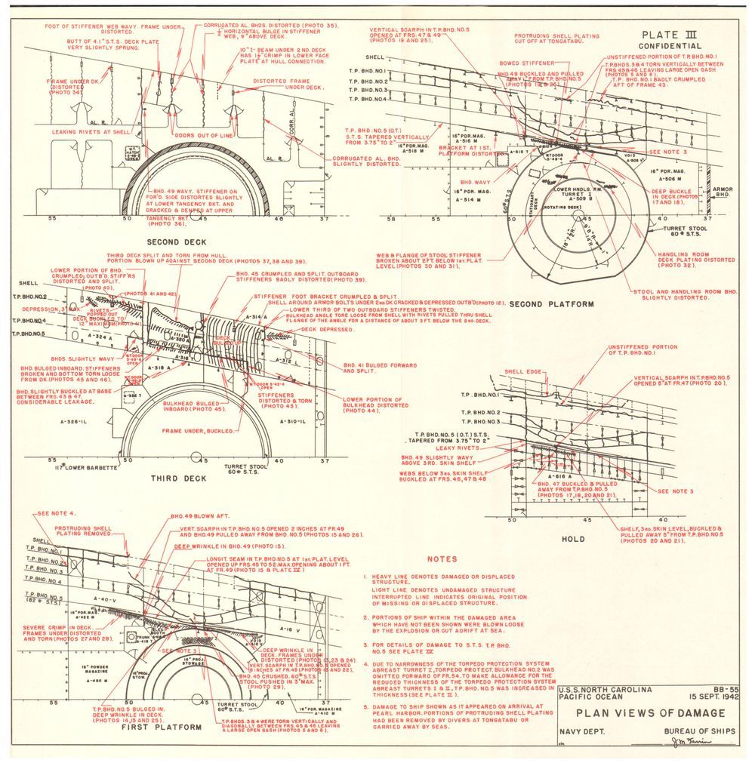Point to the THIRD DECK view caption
[178, 478]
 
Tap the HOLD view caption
[574, 540]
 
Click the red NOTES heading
[442, 559]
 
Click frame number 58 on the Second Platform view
[391, 219]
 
